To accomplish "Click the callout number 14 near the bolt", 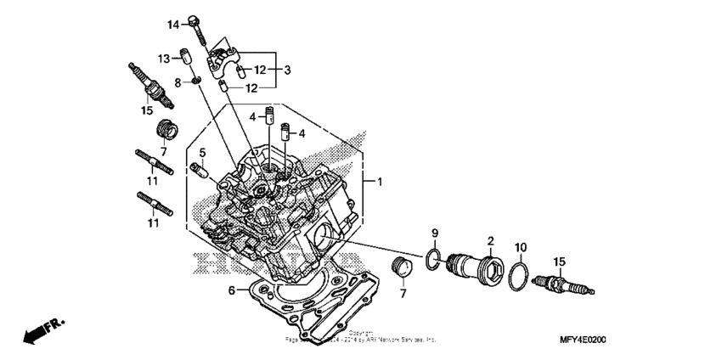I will (x=172, y=24).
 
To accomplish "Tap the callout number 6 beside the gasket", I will (x=229, y=290).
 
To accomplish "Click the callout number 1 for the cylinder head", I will (x=381, y=182).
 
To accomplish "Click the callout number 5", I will (x=202, y=152).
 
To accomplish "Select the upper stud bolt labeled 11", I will (x=155, y=161).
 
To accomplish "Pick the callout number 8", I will (x=178, y=82).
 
